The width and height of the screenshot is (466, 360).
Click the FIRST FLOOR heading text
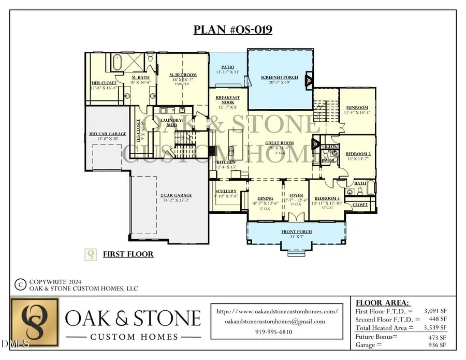(x=128, y=254)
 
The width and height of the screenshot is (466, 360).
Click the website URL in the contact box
(x=277, y=311)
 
